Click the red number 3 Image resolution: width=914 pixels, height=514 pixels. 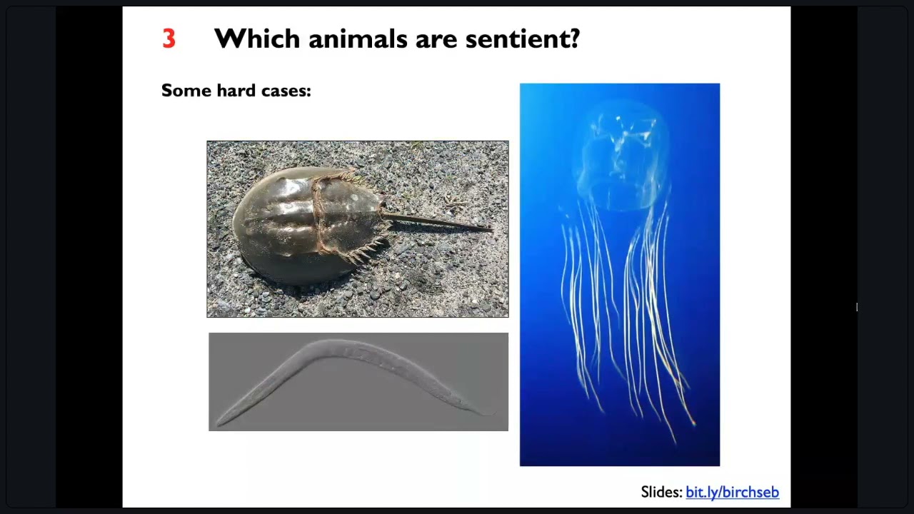[x=169, y=39]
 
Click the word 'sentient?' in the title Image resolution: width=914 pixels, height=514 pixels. [x=523, y=39]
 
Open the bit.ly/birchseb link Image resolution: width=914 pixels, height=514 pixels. [x=732, y=492]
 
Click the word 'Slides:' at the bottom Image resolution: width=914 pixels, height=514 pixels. [x=661, y=492]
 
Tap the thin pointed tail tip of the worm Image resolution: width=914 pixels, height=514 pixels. [x=490, y=413]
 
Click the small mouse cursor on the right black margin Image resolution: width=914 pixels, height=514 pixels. [x=857, y=308]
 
